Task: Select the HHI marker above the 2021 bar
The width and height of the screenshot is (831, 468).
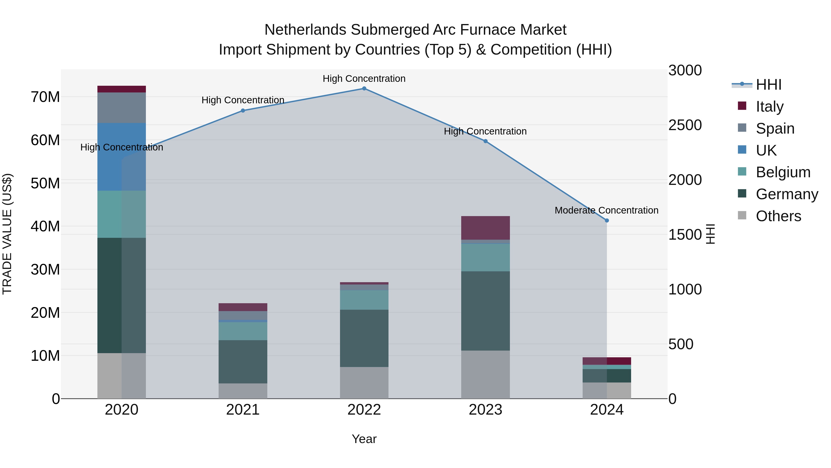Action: point(243,110)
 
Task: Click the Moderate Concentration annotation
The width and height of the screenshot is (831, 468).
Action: point(606,210)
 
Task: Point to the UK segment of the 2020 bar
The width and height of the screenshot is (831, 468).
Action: point(122,157)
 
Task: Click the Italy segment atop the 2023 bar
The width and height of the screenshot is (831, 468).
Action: point(485,228)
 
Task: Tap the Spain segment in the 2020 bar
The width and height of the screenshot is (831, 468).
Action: point(122,107)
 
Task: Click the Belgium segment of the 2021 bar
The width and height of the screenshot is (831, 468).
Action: point(243,331)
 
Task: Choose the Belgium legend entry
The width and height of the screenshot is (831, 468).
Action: point(783,172)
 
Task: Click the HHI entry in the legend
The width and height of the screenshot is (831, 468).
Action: point(768,85)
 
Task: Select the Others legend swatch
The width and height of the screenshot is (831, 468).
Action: point(742,215)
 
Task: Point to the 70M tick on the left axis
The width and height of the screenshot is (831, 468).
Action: point(45,97)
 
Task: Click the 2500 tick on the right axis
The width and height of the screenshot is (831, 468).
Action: point(685,125)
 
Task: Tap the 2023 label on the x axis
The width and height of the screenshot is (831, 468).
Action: point(485,410)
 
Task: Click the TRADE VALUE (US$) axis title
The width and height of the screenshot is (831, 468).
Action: point(7,234)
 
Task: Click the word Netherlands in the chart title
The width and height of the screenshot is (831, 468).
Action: point(305,30)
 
